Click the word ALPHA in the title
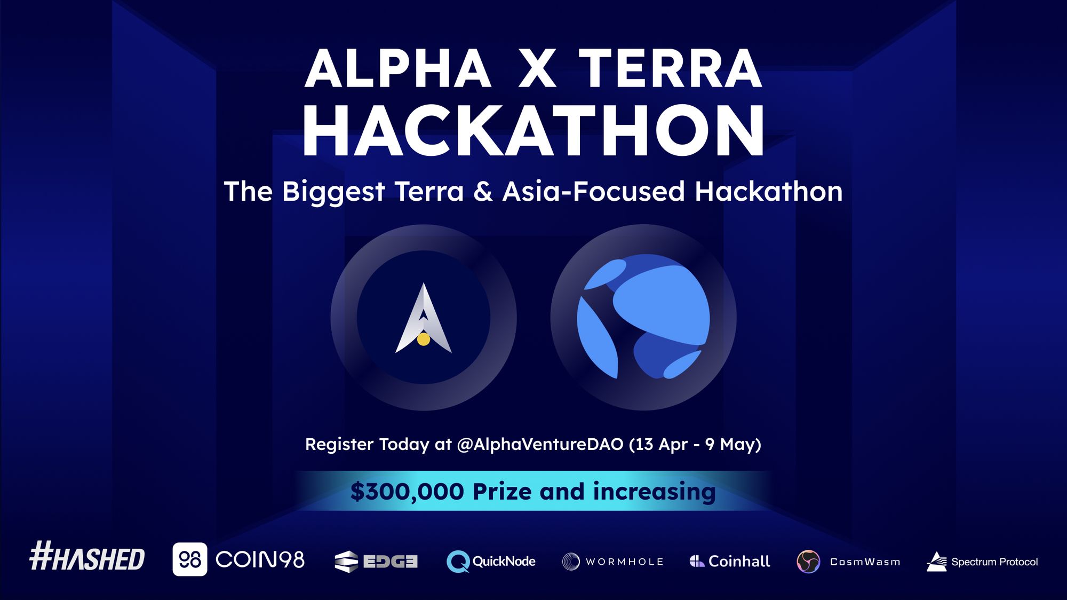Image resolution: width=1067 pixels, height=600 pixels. (398, 68)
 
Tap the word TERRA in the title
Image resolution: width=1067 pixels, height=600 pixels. (671, 68)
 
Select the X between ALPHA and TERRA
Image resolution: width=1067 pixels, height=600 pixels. (537, 68)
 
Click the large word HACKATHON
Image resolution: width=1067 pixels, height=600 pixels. (533, 130)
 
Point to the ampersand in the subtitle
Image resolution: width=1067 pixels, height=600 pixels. (483, 191)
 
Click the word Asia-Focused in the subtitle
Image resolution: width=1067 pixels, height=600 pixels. (593, 191)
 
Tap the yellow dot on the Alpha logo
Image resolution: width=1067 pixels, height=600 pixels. (424, 339)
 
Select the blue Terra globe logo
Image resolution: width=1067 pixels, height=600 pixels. (643, 317)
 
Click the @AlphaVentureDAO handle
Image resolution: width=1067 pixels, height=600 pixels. (540, 444)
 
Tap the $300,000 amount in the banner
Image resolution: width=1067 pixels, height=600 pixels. (407, 492)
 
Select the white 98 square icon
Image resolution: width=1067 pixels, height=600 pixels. (190, 559)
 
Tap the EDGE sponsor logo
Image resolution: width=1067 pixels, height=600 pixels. (376, 562)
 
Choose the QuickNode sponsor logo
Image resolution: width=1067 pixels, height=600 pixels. (491, 562)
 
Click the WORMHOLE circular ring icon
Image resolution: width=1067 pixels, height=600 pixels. (571, 562)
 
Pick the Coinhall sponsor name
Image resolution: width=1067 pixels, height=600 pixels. (739, 561)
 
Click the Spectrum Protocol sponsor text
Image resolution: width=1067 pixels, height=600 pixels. (994, 562)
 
